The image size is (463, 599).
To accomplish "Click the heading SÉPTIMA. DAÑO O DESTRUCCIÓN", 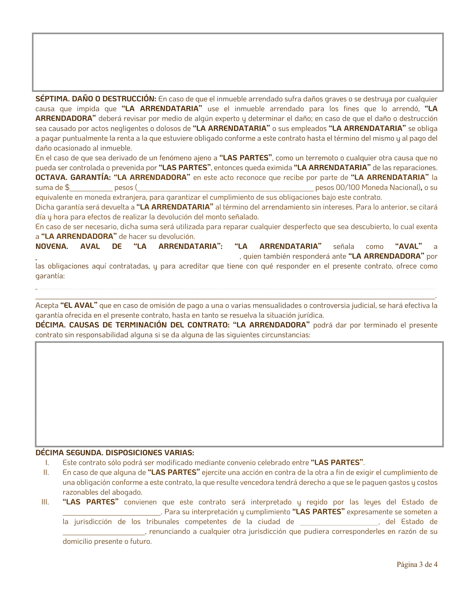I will pos(95,99).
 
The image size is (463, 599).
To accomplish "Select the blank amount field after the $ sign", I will pos(91,188).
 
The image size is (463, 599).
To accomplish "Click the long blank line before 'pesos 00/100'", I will pos(225,188).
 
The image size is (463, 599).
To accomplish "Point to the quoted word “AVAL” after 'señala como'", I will pos(408,246).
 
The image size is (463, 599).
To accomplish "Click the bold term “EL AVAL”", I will pos(79,305).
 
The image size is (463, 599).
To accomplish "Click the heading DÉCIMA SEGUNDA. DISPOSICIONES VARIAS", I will pos(115,452).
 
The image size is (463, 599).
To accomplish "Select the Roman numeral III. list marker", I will pos(45,502).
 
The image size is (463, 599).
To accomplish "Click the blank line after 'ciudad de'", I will pos(339,522).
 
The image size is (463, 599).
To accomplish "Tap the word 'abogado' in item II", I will pos(129,492).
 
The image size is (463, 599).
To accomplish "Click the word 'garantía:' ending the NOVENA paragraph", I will pos(50,276).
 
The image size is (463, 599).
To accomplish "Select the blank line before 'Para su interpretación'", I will pos(111,513).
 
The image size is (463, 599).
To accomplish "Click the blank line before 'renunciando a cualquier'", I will pos(104,532).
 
